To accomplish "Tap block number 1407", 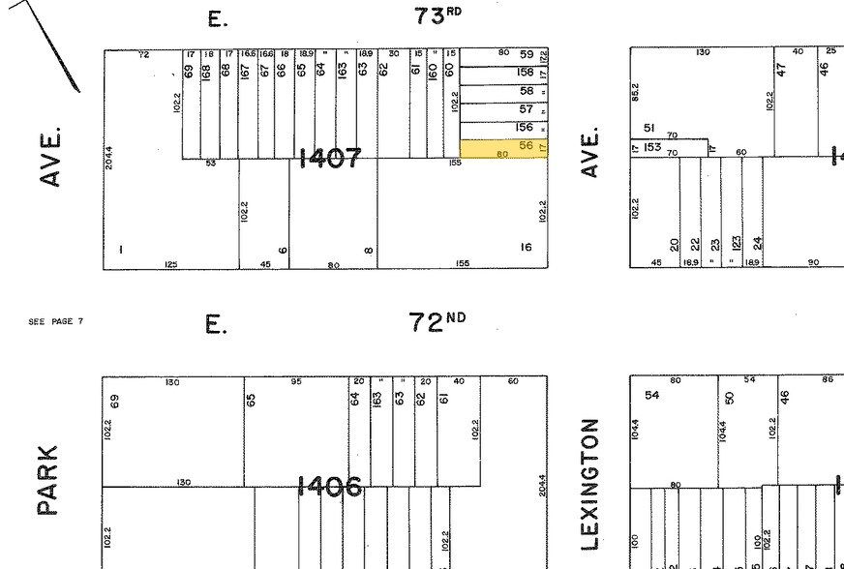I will [331, 159].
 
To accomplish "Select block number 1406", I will [331, 487].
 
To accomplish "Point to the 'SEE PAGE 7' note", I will [56, 321].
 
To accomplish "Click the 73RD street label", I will [438, 16].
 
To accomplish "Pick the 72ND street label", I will [437, 322].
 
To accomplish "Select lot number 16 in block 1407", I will [526, 248].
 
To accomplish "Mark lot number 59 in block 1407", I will [527, 55].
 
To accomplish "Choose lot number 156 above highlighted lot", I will [525, 127].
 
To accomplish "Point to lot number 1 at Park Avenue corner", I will [121, 251].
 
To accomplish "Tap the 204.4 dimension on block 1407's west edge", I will [109, 158].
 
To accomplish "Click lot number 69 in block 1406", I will [115, 400].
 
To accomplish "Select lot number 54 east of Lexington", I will [651, 395].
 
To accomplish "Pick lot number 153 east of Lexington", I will [652, 148].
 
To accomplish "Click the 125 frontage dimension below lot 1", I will [170, 263].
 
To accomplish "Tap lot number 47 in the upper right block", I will [779, 69].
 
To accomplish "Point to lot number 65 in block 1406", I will [251, 399].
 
